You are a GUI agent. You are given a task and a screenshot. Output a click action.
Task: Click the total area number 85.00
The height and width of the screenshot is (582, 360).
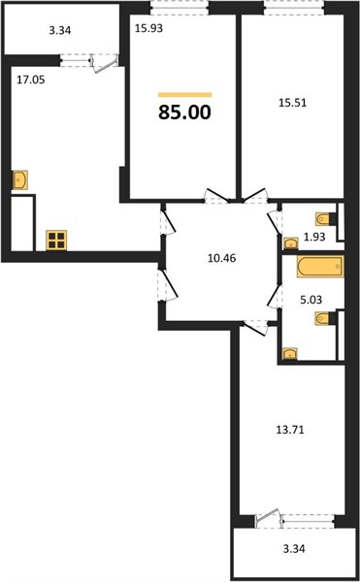coord(184,113)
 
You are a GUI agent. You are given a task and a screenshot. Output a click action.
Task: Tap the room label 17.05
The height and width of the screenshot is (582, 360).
coord(31,80)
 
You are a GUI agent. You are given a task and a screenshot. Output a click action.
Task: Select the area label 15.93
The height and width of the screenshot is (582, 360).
coord(148,28)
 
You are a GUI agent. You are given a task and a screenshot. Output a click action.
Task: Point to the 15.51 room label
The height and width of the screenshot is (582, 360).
coord(293,103)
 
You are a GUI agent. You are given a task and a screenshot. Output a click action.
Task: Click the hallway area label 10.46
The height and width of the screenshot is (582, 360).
coord(221,258)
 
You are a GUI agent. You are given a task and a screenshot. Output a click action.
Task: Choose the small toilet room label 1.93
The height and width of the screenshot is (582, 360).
coord(314,237)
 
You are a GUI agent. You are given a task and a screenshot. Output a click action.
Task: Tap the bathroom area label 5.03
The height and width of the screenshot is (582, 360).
coord(311,300)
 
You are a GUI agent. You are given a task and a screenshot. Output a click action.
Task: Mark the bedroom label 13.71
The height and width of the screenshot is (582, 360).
coord(290,430)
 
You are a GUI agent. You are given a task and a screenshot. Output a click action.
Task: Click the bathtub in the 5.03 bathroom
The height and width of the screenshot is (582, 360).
coord(320,267)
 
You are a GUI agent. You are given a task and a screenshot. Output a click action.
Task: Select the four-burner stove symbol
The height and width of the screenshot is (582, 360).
coord(56,241)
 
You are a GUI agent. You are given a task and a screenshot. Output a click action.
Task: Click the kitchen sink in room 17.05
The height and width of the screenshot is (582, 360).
coord(20,180)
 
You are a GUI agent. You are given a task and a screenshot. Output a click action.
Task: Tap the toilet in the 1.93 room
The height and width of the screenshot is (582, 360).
coord(324,219)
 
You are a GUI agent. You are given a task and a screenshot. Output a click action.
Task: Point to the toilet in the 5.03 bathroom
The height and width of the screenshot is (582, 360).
coord(324,318)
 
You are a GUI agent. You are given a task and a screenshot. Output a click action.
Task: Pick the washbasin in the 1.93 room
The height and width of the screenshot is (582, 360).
coord(290,243)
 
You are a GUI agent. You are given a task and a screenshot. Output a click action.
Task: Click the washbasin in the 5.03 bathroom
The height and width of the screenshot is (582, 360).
coord(290,354)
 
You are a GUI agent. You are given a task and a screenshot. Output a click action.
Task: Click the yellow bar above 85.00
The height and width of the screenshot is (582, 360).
coord(184,95)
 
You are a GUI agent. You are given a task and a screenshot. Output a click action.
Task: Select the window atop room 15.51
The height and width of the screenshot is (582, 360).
coord(294,8)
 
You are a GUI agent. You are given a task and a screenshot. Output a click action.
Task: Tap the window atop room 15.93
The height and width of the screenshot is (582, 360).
coord(180,8)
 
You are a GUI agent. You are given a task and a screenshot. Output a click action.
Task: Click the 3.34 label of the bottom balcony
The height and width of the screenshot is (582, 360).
coord(294,549)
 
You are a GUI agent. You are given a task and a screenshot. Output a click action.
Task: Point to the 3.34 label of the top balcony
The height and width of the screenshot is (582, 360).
coord(60,30)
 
